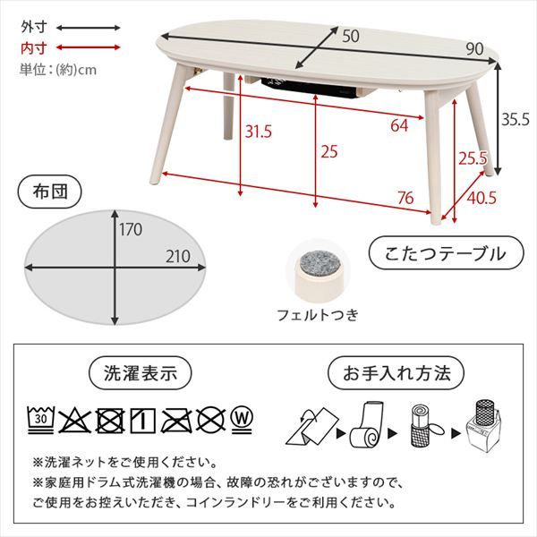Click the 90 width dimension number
coord(476,48)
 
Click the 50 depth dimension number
coord(351,35)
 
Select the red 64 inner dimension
coord(400,125)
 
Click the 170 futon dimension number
coord(132,229)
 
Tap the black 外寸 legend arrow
coord(88,29)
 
